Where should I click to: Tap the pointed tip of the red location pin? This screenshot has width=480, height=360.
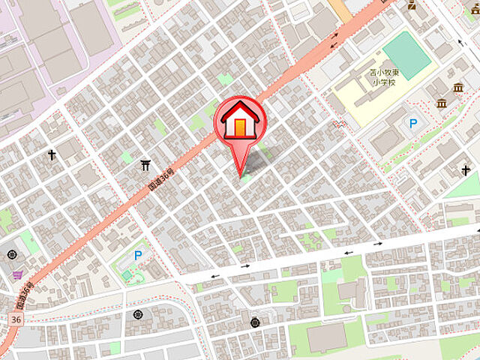pos(241,176)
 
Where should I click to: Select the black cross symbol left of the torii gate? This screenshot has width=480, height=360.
pos(52,155)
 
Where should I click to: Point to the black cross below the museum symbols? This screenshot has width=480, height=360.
pos(465,171)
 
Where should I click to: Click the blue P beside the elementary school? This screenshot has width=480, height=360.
pos(412,124)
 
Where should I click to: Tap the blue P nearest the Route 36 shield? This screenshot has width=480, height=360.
pos(137,256)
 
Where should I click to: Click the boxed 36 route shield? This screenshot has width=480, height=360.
pos(16,319)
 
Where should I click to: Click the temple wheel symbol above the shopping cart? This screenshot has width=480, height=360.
pos(13,254)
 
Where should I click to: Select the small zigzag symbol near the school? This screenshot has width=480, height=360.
pos(339,123)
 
